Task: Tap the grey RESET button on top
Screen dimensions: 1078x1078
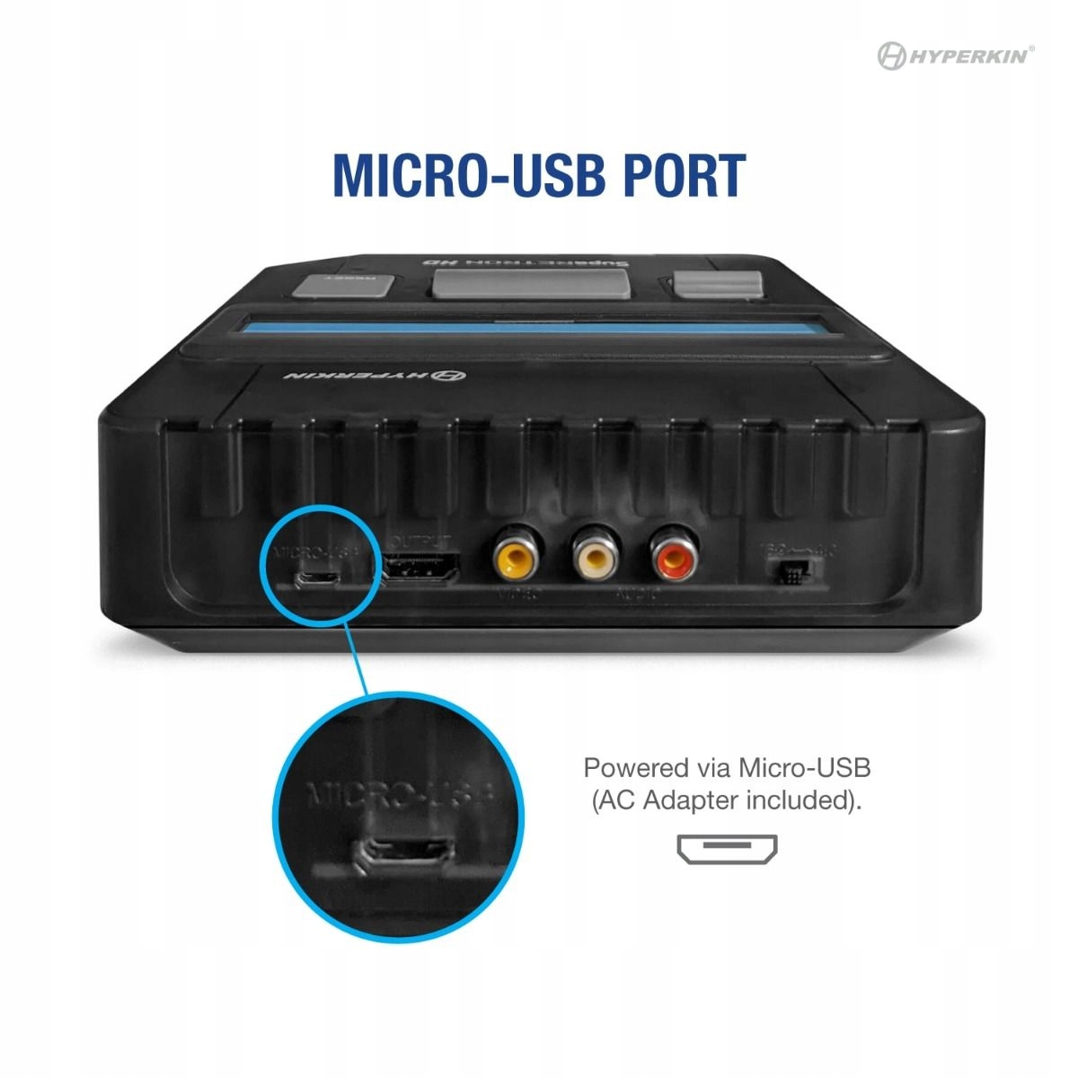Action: click(x=344, y=285)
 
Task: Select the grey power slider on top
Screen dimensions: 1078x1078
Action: click(x=719, y=284)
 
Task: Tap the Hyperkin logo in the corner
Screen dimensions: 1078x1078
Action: click(x=955, y=56)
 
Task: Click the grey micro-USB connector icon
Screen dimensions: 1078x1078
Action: click(x=727, y=848)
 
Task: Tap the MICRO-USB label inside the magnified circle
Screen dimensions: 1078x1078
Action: click(x=400, y=795)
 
